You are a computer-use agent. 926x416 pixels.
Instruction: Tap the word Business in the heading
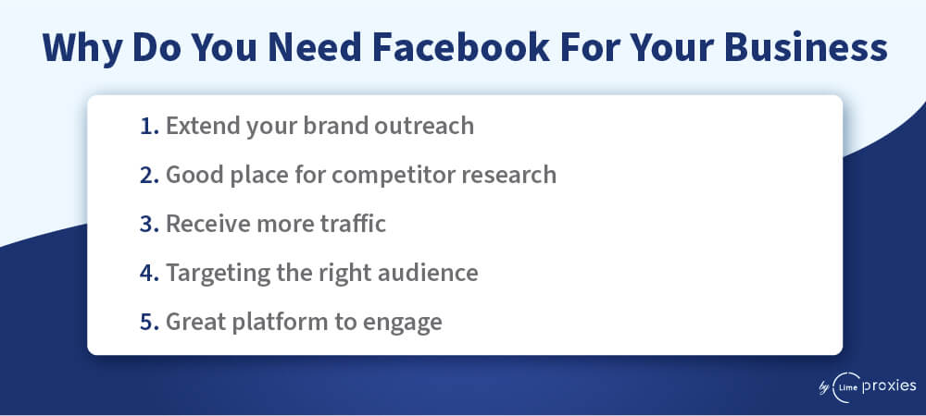pos(806,48)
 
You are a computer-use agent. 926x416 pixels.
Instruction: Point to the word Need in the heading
pos(314,48)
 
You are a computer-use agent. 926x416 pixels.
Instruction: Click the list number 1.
pos(149,126)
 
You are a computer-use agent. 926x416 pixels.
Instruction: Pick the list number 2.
pos(149,175)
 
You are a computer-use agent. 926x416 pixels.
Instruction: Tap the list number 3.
pos(149,224)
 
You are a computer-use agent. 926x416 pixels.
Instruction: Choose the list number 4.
pos(149,273)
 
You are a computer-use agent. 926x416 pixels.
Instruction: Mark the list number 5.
pos(149,322)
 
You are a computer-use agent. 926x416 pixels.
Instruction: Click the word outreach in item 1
pos(424,126)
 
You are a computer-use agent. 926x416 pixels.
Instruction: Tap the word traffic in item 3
pos(353,224)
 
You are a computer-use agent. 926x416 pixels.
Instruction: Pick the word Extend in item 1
pos(203,126)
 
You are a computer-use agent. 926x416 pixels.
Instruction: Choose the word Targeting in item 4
pos(218,275)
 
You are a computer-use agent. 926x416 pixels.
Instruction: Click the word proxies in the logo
pos(889,386)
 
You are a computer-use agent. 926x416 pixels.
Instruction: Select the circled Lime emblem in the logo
pos(845,387)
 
